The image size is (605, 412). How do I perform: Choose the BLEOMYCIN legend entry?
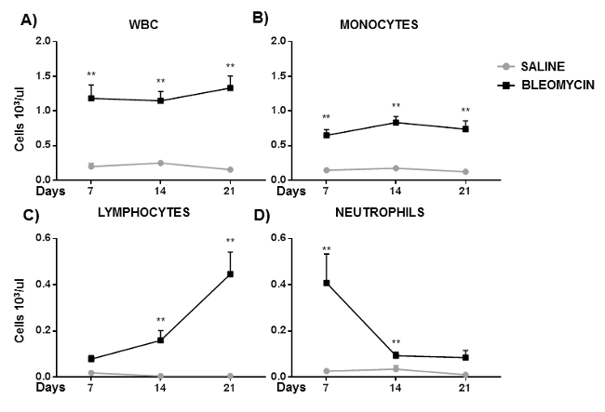tap(548, 82)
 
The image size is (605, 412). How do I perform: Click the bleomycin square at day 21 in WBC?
tap(230, 87)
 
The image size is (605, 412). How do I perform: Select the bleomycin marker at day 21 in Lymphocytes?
tap(230, 274)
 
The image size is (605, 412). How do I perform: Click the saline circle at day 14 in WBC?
tap(160, 163)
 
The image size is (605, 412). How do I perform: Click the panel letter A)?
tap(15, 17)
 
